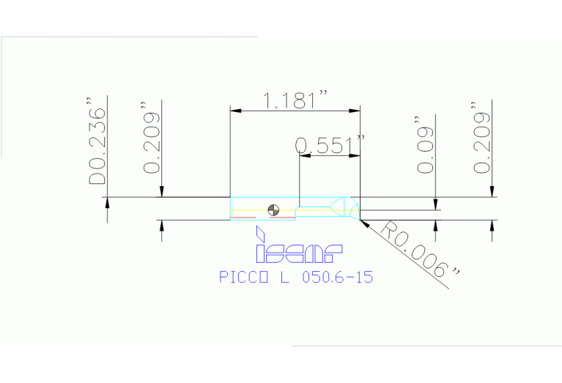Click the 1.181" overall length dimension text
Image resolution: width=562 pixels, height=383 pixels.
(x=295, y=101)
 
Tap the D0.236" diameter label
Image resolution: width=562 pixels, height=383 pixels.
(x=97, y=146)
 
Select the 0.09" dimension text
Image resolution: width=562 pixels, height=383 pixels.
(x=425, y=144)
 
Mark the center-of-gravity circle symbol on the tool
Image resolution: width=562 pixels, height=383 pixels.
(x=274, y=209)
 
